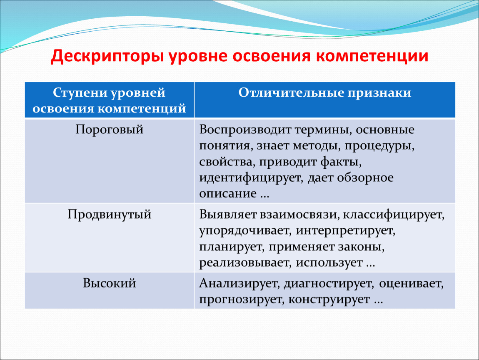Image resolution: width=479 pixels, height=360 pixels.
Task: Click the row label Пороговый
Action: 110,130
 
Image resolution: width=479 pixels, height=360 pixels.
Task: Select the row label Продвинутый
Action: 110,215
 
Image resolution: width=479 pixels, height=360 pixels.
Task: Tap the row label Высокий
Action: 110,283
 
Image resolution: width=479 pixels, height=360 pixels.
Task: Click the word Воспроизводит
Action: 245,130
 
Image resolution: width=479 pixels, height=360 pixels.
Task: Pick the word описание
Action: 228,193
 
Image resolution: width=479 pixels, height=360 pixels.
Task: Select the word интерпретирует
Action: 345,231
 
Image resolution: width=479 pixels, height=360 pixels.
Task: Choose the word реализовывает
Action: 245,262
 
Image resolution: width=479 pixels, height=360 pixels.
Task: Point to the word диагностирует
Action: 329,283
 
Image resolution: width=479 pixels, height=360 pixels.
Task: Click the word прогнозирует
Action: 242,299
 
